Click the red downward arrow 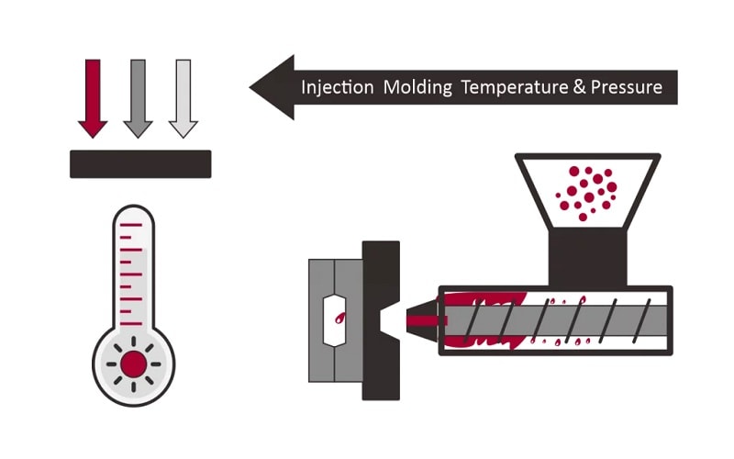[93, 97]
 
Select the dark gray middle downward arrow [138, 97]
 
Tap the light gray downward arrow [183, 97]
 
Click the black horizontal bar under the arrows [140, 163]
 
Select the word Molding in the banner [417, 88]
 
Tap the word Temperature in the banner [513, 88]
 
